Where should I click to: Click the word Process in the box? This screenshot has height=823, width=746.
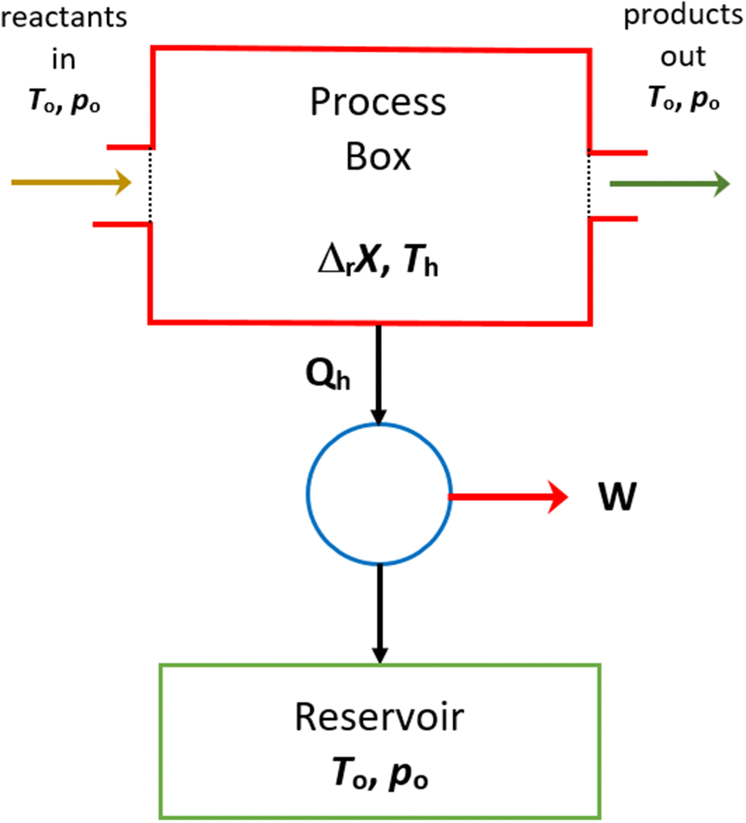[x=378, y=103]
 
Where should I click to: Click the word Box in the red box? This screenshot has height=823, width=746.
[x=378, y=157]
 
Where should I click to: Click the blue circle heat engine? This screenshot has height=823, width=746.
[x=378, y=493]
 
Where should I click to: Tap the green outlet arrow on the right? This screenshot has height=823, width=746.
[x=669, y=183]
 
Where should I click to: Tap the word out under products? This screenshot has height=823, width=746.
[x=683, y=59]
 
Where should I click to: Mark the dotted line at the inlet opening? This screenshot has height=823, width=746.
[x=150, y=185]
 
